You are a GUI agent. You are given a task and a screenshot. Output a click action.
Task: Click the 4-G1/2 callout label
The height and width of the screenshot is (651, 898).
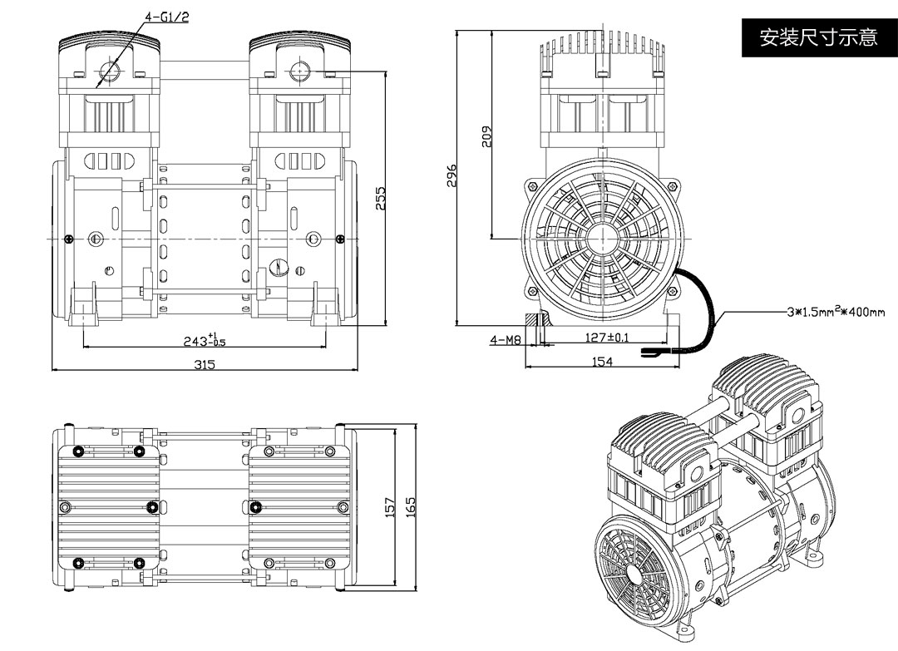tap(166, 16)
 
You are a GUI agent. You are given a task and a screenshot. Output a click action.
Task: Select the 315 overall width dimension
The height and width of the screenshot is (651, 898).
tap(205, 364)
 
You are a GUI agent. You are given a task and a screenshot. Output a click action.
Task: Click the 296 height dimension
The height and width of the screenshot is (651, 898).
tap(452, 176)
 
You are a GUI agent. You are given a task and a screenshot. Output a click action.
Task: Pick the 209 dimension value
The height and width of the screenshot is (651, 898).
tap(487, 136)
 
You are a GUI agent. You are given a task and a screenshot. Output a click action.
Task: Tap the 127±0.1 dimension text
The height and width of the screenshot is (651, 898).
tap(606, 338)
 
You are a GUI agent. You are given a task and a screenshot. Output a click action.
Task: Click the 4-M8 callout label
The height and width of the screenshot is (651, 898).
tap(505, 339)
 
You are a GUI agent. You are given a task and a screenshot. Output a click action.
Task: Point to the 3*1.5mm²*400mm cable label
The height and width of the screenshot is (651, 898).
tap(836, 313)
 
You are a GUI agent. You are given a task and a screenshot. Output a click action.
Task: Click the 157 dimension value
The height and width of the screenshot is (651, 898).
tap(391, 507)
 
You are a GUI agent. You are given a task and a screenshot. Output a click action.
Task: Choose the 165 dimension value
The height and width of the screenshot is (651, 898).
tap(410, 507)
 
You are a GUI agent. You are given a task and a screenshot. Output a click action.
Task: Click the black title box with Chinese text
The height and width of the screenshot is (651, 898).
tap(818, 37)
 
